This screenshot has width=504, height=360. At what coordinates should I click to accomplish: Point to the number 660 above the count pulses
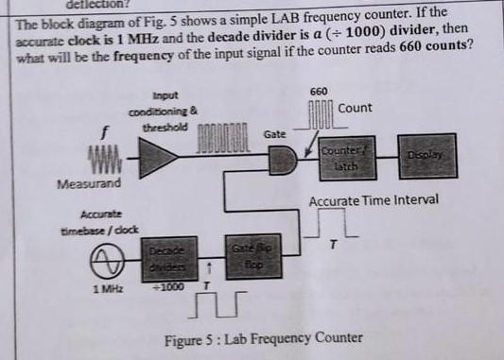point(319,90)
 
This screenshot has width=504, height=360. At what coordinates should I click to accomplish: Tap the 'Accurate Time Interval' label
point(374,201)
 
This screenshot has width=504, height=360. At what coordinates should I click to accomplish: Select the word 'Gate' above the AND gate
point(274,135)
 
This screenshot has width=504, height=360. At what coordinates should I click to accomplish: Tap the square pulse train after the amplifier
point(221,131)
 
